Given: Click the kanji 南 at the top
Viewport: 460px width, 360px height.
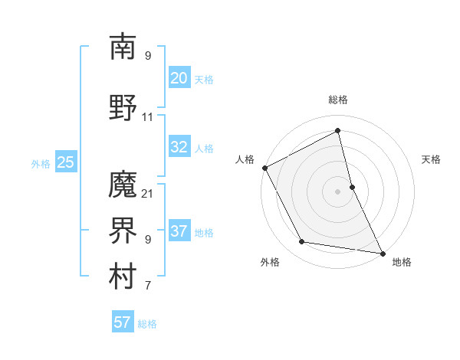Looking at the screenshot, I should tap(123, 47).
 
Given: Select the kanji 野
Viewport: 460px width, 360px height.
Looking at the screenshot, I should tap(123, 107).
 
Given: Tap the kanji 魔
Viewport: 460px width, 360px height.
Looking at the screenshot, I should tap(123, 185).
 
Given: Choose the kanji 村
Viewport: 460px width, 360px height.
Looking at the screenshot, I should tap(123, 277).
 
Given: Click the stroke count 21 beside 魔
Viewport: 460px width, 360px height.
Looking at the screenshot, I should tap(148, 193).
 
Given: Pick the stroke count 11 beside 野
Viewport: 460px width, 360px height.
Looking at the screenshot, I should tap(148, 117).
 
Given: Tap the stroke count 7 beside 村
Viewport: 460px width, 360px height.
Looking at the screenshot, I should tap(148, 286).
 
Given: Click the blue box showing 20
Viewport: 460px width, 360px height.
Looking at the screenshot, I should tap(179, 77).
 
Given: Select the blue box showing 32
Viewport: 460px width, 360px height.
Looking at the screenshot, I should tap(179, 147).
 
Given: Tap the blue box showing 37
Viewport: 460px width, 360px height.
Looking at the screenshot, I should tap(179, 231).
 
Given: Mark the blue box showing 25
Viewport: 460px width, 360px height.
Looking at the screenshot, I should tap(65, 162).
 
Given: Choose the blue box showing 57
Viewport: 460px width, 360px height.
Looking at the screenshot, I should tap(122, 322).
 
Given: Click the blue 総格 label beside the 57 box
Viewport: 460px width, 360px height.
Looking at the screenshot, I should tap(147, 324).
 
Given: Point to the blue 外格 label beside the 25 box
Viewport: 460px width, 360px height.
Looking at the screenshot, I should tap(41, 163).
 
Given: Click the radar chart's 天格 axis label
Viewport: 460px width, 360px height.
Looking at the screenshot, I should tap(431, 159).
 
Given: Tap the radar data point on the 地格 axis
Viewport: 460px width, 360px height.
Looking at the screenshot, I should tap(382, 253).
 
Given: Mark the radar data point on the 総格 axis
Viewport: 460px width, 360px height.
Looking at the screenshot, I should tap(337, 131).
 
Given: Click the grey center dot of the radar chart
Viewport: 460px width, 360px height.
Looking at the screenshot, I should tap(337, 191).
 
